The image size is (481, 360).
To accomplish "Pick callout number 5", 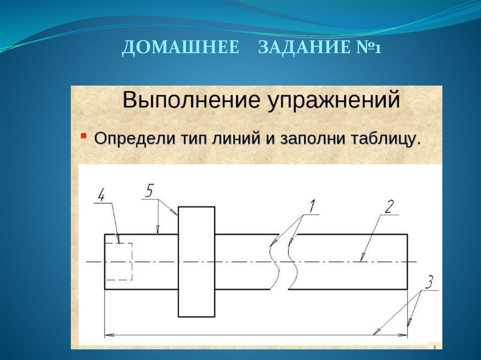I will tap(149, 191).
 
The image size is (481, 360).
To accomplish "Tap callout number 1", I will tap(311, 205).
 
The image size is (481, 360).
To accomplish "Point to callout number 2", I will tap(390, 207).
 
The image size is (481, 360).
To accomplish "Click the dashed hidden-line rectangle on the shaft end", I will tap(118, 261).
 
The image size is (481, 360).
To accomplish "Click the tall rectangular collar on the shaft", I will tap(196, 261).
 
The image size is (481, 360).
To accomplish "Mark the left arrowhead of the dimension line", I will tap(109, 335).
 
